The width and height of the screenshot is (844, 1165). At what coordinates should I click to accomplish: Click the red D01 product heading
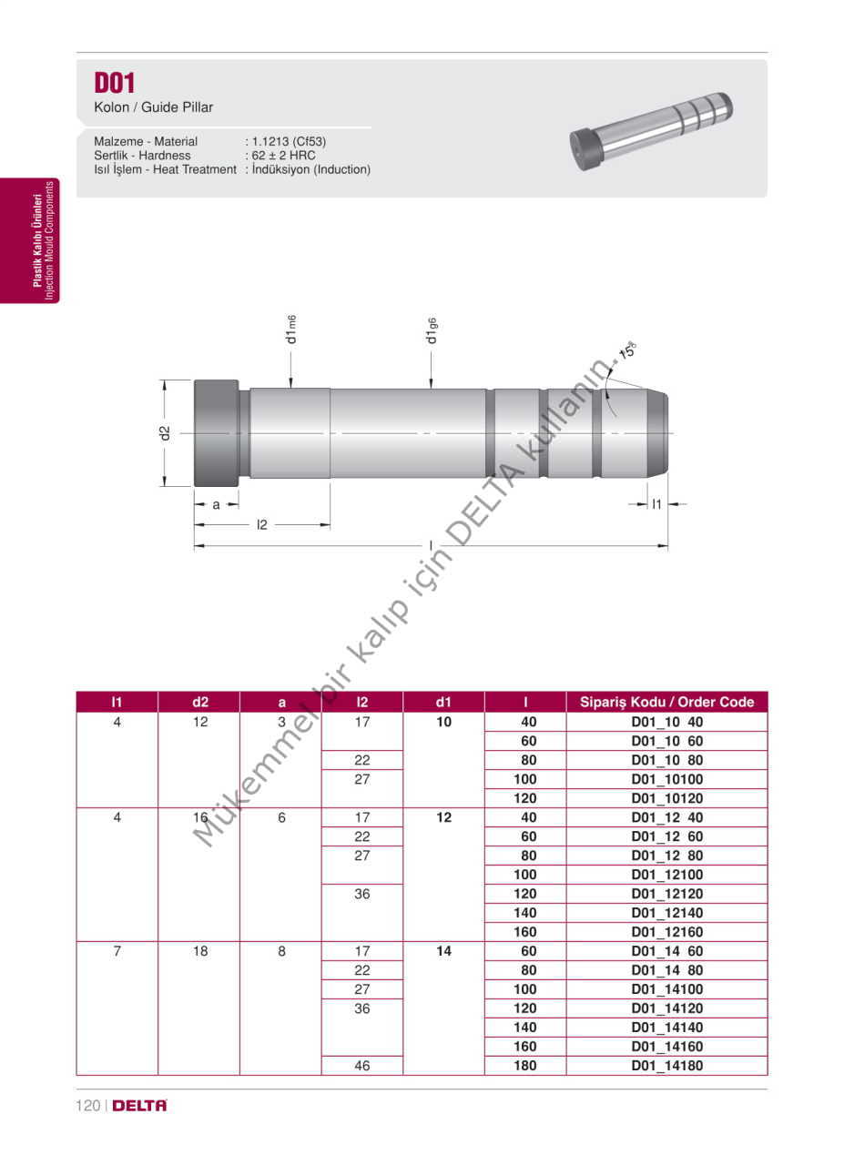(x=115, y=83)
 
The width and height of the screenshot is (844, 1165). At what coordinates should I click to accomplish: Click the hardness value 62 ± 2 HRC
(x=283, y=156)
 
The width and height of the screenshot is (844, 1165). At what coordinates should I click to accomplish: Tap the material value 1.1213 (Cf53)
(x=289, y=141)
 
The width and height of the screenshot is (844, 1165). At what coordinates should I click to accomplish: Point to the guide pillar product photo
(x=651, y=131)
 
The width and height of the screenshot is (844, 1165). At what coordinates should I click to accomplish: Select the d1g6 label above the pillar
(x=432, y=330)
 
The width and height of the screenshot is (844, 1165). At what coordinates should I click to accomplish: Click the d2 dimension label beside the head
(x=165, y=433)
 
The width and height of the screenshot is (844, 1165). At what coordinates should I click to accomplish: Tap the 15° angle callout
(x=628, y=350)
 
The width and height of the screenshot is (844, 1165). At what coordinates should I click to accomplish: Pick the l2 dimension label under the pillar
(x=261, y=525)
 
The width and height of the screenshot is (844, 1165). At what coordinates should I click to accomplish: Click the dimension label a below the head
(x=216, y=504)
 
